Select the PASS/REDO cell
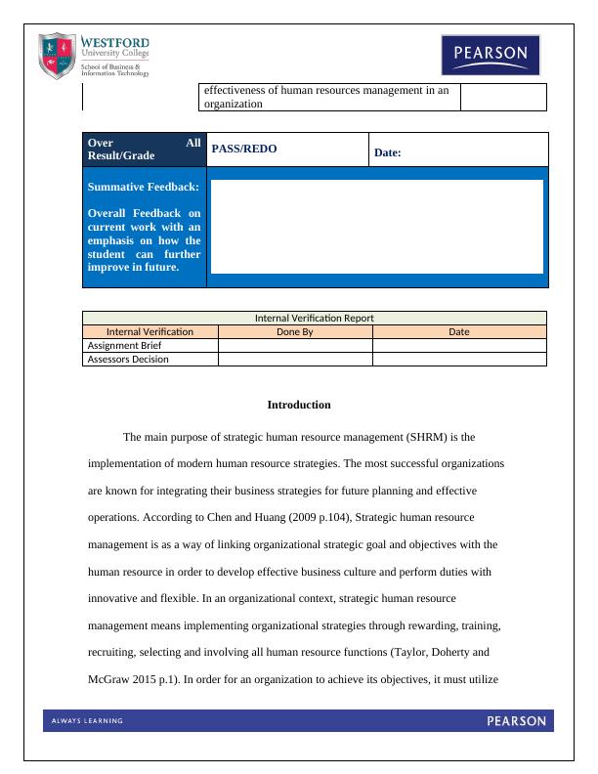(244, 149)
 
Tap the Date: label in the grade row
(388, 152)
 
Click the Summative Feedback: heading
(144, 186)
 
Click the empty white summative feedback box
(376, 226)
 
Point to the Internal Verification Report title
(314, 318)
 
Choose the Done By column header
(294, 331)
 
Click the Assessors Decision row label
(128, 359)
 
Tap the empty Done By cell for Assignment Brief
(294, 345)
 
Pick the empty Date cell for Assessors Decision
(458, 359)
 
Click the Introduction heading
(299, 405)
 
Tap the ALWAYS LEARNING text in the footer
(87, 721)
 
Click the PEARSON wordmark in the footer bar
(516, 721)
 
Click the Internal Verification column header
(149, 331)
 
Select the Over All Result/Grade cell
(144, 149)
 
